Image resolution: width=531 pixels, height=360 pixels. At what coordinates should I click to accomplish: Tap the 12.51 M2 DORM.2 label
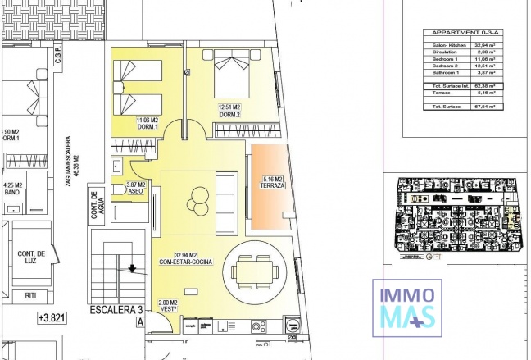pos(229,110)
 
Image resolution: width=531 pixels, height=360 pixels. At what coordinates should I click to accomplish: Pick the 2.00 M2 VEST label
pos(167,305)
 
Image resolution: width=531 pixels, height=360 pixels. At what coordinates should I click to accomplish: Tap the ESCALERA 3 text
pos(116,310)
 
